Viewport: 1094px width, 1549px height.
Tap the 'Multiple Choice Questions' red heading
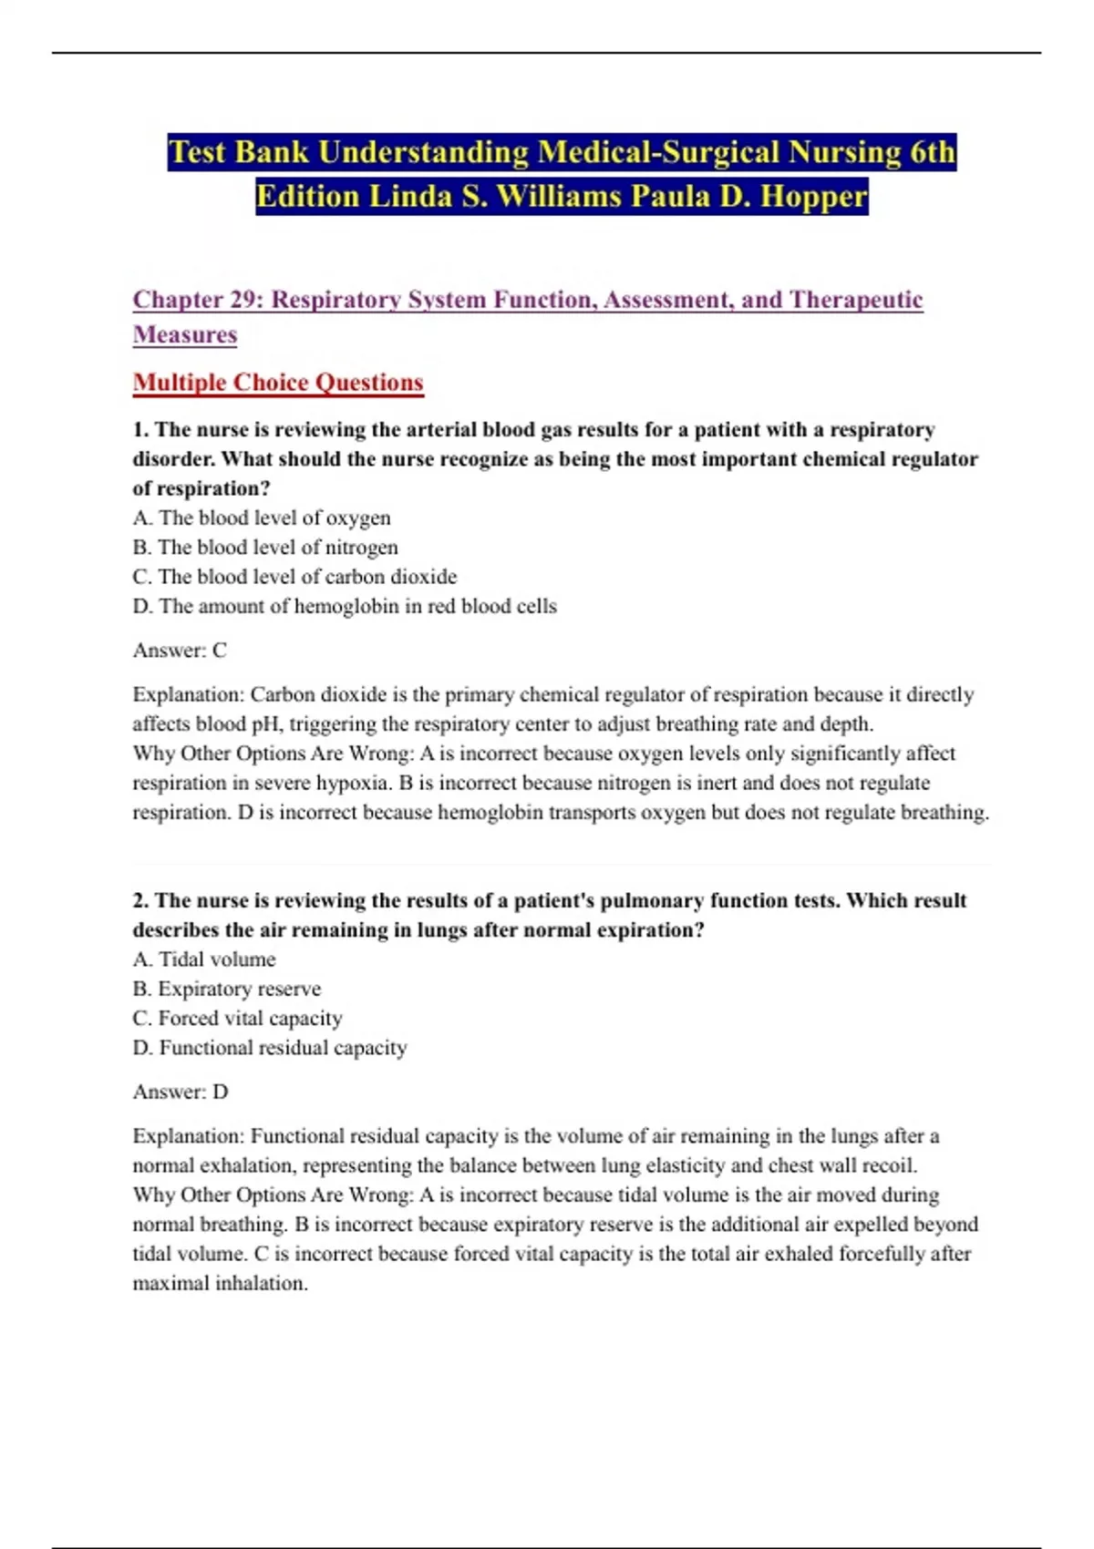(x=278, y=383)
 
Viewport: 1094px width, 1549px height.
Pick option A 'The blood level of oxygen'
(x=262, y=518)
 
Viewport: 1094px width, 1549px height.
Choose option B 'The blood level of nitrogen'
(x=265, y=548)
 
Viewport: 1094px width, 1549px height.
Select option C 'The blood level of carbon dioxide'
(x=294, y=577)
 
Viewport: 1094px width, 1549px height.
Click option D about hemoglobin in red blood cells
(x=345, y=607)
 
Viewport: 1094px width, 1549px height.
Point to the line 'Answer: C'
(x=180, y=651)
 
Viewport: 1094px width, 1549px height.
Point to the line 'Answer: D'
(x=181, y=1092)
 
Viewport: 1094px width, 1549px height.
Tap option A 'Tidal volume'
(x=204, y=959)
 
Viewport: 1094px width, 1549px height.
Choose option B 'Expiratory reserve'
(x=227, y=990)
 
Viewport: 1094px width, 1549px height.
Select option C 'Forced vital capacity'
(x=238, y=1019)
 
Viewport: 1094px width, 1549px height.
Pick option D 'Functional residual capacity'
(x=270, y=1048)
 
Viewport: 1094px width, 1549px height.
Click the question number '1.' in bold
(x=141, y=430)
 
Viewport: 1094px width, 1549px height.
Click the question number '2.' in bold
(x=141, y=901)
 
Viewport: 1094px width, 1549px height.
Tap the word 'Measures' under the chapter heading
(x=185, y=335)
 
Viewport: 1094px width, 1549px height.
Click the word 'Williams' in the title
(x=554, y=196)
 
